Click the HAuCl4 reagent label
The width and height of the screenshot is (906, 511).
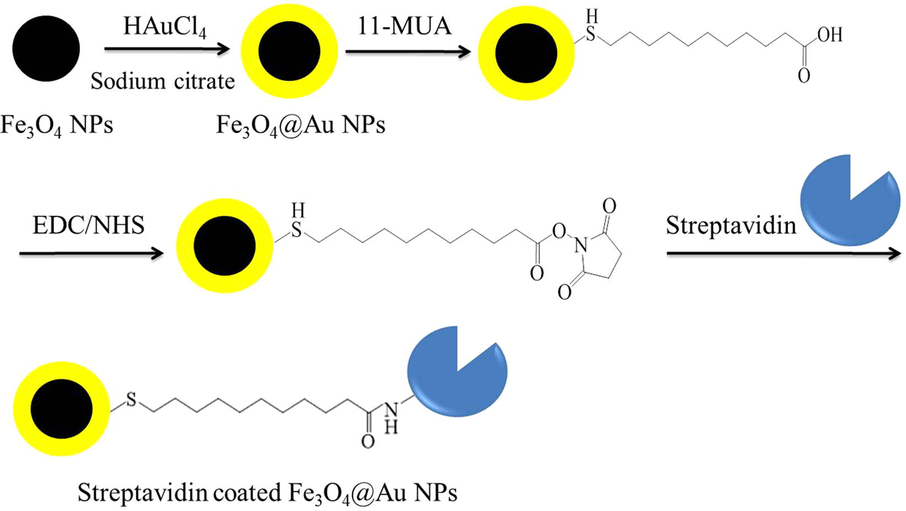[x=164, y=26]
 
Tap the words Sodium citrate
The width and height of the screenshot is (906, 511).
[x=162, y=81]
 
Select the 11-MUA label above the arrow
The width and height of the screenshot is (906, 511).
[x=404, y=26]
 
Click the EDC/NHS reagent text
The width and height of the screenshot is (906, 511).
[x=88, y=226]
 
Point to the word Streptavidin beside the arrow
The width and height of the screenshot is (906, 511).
[x=731, y=226]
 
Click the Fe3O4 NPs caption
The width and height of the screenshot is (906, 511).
[x=56, y=126]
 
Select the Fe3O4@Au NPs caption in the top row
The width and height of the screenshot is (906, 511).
[x=300, y=126]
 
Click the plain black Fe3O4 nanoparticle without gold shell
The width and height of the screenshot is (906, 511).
[x=46, y=48]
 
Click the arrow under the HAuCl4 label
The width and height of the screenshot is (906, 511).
[x=166, y=50]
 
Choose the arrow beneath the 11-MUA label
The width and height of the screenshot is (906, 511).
[x=408, y=52]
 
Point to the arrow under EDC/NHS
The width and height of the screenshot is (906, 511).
[x=91, y=253]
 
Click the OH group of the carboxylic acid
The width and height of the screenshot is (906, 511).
[x=829, y=35]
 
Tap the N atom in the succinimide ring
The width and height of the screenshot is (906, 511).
[x=581, y=246]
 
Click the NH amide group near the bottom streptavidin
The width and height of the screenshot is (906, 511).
[x=390, y=416]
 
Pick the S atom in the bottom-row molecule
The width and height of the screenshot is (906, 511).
[x=131, y=400]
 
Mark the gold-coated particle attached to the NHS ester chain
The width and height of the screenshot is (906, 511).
[x=225, y=246]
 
